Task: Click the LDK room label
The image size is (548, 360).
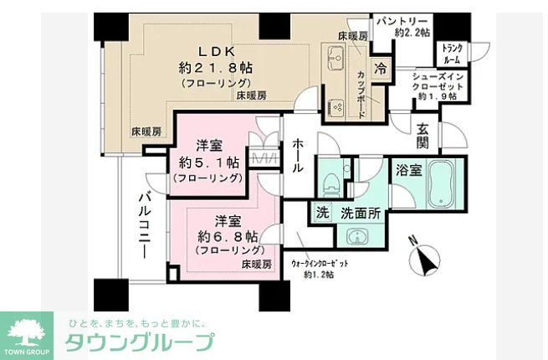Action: pyautogui.click(x=217, y=49)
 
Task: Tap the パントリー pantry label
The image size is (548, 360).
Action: pyautogui.click(x=402, y=20)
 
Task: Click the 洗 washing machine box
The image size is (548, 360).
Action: pyautogui.click(x=322, y=213)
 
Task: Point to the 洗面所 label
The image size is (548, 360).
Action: pyautogui.click(x=361, y=213)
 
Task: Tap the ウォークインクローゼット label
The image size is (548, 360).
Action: pyautogui.click(x=320, y=265)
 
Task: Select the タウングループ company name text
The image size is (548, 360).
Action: pyautogui.click(x=141, y=342)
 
